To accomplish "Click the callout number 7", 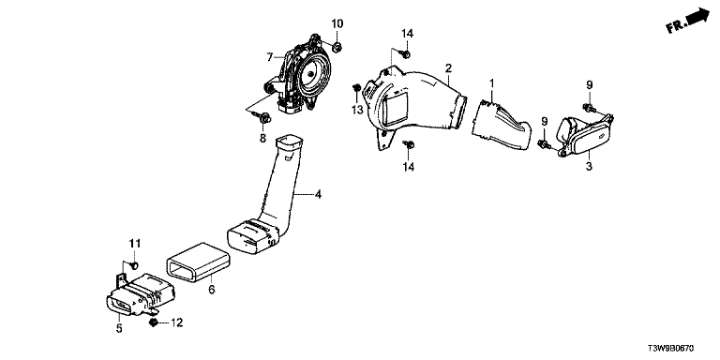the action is [270, 57].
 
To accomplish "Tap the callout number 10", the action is [337, 23].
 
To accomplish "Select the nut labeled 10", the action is [337, 46].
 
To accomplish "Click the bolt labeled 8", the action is [264, 119].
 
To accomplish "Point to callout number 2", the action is [448, 68].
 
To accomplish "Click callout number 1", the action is [491, 83].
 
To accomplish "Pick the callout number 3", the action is [589, 166].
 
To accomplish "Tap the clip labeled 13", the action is [356, 88].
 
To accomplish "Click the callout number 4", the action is [318, 195].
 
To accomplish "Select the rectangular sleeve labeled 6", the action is [197, 262].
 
